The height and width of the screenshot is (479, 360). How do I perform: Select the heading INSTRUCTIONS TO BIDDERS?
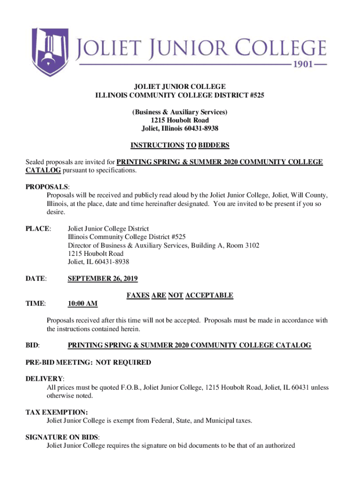[x=180, y=145]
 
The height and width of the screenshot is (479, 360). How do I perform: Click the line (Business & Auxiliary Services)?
[x=180, y=112]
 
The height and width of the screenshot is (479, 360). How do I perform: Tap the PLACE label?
[x=37, y=229]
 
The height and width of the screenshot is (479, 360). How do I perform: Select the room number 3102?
[x=250, y=246]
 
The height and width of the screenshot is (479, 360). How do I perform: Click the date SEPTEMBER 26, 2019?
[x=103, y=279]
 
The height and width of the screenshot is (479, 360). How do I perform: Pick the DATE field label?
[x=36, y=279]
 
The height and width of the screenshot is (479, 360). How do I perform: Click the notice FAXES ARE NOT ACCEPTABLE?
[x=180, y=295]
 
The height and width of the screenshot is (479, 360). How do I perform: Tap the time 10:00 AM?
[x=83, y=304]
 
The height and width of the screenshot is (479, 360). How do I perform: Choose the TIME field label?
[x=36, y=304]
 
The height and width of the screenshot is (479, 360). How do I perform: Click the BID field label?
[x=32, y=346]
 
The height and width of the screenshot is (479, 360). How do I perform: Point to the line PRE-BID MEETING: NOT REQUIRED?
[x=88, y=363]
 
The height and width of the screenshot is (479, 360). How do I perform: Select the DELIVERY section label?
[x=44, y=378]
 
